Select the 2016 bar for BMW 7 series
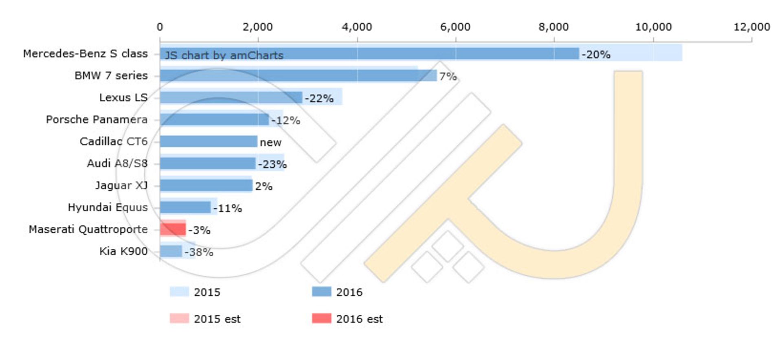(x=297, y=75)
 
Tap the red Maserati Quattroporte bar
(x=173, y=229)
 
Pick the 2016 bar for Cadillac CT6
(x=209, y=141)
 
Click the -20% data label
(x=596, y=55)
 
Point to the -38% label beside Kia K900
(x=199, y=252)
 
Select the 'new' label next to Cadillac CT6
(x=270, y=143)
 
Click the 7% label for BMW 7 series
(x=448, y=77)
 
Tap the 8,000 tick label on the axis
(x=554, y=27)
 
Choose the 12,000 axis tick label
(x=751, y=27)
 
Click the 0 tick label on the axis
(x=160, y=27)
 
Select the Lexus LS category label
(x=123, y=98)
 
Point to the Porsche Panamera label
(x=97, y=120)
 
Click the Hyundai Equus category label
(x=108, y=207)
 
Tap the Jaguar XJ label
(x=121, y=185)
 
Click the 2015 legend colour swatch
(x=179, y=292)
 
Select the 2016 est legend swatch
(x=321, y=318)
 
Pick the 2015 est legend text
(x=217, y=319)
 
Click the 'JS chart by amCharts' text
(x=224, y=55)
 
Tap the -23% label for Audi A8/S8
(x=272, y=165)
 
